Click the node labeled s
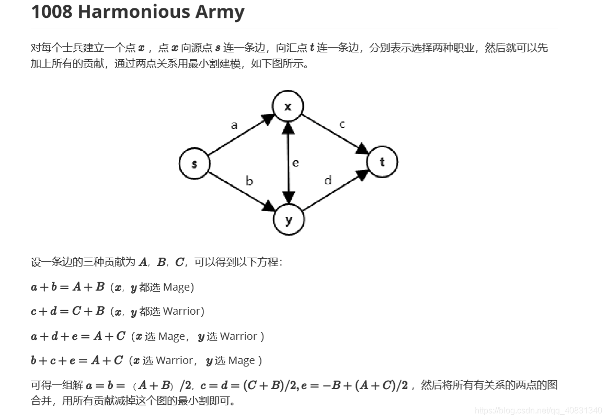(x=194, y=163)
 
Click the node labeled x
(x=288, y=107)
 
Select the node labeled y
(x=289, y=219)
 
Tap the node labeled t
(x=382, y=162)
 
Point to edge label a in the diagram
(x=234, y=125)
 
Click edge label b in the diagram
(x=249, y=181)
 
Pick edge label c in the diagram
(x=342, y=124)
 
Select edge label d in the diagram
(x=328, y=181)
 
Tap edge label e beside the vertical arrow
(x=296, y=163)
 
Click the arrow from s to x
(x=240, y=135)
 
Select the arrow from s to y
(x=240, y=191)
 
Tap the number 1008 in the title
(x=52, y=12)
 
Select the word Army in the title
(x=220, y=12)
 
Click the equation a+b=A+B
(x=68, y=287)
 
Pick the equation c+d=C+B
(x=68, y=311)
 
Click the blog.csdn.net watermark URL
(x=538, y=410)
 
